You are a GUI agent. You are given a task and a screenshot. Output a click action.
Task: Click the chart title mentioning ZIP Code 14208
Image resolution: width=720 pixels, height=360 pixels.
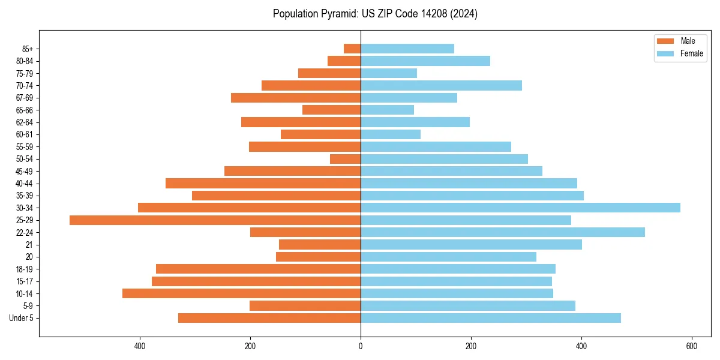point(375,14)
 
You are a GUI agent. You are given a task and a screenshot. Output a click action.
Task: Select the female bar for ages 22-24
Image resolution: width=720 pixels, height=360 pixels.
point(503,232)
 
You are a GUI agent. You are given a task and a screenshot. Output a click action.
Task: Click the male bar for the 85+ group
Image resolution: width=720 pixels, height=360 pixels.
point(352,49)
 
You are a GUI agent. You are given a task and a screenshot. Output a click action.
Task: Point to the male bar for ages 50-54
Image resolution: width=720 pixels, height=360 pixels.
point(346,159)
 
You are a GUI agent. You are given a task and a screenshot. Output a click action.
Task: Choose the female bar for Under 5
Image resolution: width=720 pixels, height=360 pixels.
point(491,318)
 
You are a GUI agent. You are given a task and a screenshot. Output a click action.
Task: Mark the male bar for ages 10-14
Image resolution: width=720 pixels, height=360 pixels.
point(241,293)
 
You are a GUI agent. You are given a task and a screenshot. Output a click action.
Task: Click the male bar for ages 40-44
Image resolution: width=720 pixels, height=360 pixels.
point(263,183)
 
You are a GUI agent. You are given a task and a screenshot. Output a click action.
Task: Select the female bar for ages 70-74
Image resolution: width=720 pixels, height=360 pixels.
point(441,85)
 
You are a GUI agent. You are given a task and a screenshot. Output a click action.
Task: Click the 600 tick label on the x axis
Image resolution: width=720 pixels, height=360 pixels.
point(691,346)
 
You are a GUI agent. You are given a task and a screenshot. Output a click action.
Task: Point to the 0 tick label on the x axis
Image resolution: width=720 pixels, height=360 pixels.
point(361,346)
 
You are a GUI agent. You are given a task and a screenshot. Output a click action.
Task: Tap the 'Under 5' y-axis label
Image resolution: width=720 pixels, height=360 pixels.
point(21,318)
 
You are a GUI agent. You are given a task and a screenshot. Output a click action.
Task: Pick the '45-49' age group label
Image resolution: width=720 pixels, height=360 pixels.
point(25,171)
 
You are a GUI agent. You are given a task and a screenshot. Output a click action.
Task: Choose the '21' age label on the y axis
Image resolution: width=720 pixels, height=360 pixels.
point(29,245)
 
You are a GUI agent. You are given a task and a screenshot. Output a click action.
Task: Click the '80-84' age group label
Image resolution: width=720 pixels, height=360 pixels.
point(25,61)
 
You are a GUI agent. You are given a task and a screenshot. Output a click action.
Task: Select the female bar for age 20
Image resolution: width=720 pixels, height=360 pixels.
point(448,257)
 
